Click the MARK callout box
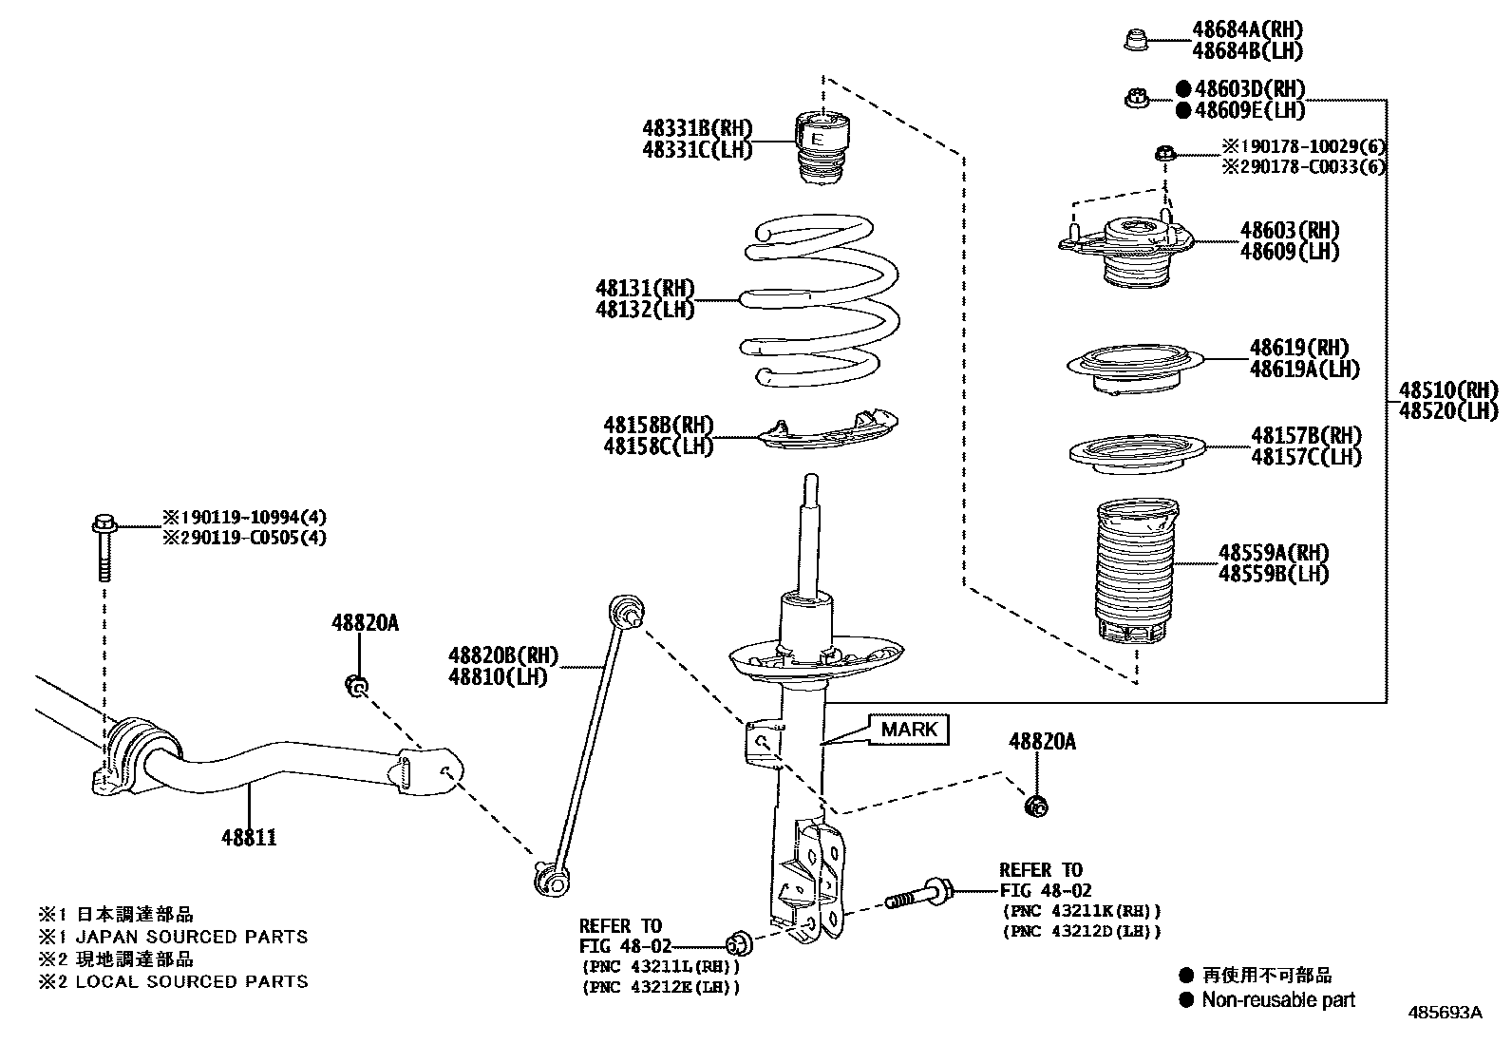coord(909,730)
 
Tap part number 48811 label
coord(249,838)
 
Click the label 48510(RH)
coord(1447,389)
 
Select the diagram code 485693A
coord(1445,1013)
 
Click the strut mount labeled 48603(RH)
coord(1126,249)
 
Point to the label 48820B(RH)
coord(503,655)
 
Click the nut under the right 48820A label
coord(1037,807)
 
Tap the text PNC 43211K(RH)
coord(1081,910)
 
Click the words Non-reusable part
coord(1278,999)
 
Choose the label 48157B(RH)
coord(1306,436)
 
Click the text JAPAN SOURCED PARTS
coord(192,937)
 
